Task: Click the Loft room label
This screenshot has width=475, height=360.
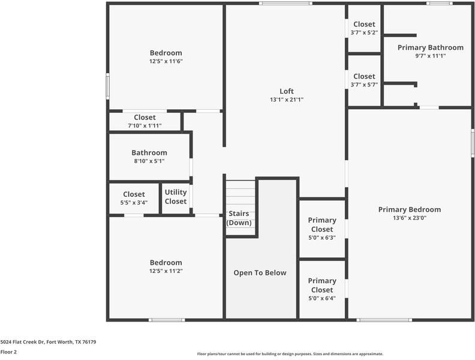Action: [x=287, y=91]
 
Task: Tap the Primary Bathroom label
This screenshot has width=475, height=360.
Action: [x=430, y=47]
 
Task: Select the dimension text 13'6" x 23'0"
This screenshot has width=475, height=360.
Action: [x=410, y=218]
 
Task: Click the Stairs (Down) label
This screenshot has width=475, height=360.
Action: [x=239, y=218]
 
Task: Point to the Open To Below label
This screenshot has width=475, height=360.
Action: [x=260, y=272]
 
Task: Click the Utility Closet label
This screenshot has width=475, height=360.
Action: [x=176, y=197]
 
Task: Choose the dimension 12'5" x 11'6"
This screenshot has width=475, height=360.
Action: [x=166, y=61]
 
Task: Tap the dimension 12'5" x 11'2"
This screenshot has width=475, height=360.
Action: [x=166, y=271]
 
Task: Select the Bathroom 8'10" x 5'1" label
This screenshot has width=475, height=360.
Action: [x=149, y=157]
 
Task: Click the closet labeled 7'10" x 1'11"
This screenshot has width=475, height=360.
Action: [x=145, y=121]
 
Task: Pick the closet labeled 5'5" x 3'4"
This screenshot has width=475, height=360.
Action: [x=134, y=198]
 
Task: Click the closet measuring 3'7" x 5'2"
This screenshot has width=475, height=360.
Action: [x=364, y=28]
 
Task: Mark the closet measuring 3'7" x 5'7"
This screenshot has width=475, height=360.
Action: [x=364, y=80]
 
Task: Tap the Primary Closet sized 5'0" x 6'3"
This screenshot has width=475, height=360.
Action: [x=322, y=229]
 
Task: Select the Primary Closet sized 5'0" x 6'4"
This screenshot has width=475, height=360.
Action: [x=322, y=289]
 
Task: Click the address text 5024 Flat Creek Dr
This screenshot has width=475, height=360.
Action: [x=48, y=342]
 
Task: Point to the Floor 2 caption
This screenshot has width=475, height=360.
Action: [x=8, y=352]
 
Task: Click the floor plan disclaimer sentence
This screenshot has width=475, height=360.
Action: [x=290, y=354]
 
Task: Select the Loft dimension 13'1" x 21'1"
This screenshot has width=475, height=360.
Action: [x=287, y=100]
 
